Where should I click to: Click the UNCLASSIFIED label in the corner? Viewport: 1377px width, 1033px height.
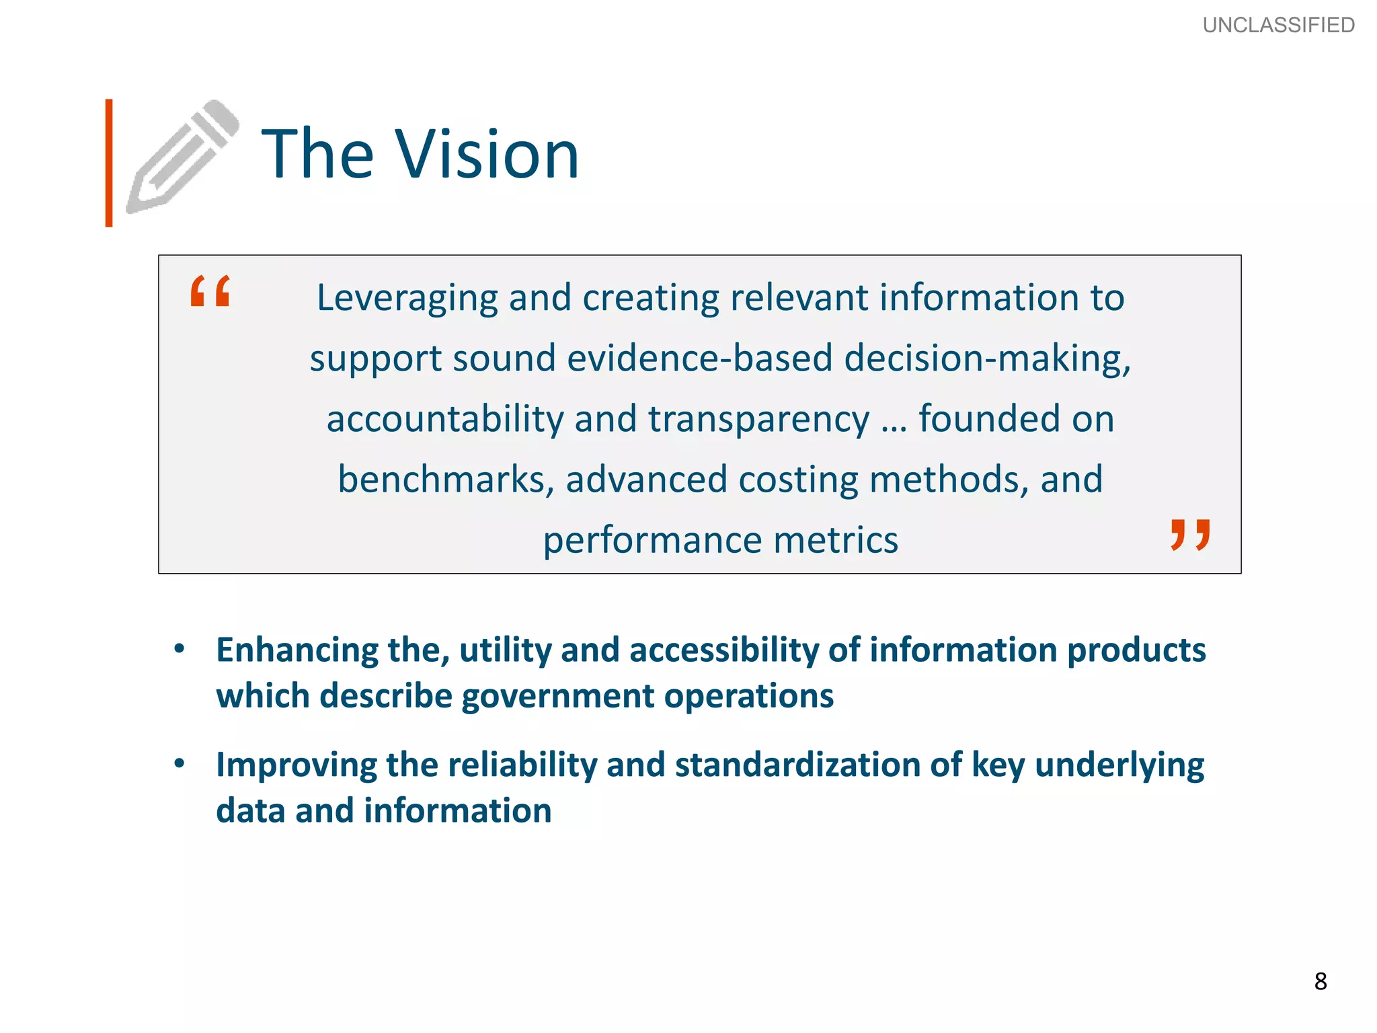click(1278, 25)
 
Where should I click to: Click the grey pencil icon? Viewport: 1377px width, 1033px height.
click(182, 156)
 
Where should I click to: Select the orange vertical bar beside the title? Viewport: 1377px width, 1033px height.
click(109, 163)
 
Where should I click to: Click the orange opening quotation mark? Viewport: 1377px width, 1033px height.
click(210, 291)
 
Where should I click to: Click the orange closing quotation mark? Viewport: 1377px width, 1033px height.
click(1190, 535)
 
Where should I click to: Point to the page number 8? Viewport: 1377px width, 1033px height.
click(1321, 981)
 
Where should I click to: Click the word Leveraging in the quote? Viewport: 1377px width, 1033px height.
click(407, 298)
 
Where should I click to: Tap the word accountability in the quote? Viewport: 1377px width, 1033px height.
click(444, 418)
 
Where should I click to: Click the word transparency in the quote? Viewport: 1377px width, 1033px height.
click(758, 420)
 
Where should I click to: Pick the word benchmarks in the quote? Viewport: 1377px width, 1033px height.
click(446, 480)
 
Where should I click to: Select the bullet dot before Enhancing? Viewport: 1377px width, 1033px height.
click(179, 649)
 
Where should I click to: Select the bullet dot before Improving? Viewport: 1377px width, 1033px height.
click(179, 763)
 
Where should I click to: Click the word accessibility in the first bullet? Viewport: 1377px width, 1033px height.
click(723, 650)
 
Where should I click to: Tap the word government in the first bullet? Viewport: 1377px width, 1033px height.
click(557, 695)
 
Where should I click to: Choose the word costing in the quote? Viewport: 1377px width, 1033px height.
click(798, 480)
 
